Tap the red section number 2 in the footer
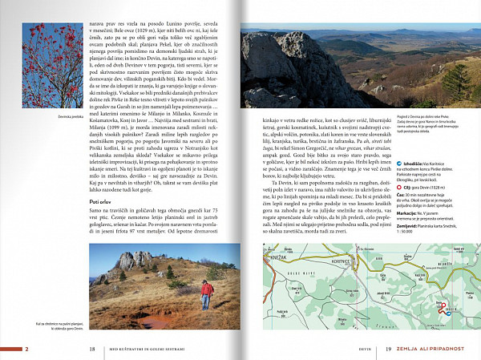point(26,349)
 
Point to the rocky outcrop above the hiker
point(132,261)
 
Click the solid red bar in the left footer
point(10,349)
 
